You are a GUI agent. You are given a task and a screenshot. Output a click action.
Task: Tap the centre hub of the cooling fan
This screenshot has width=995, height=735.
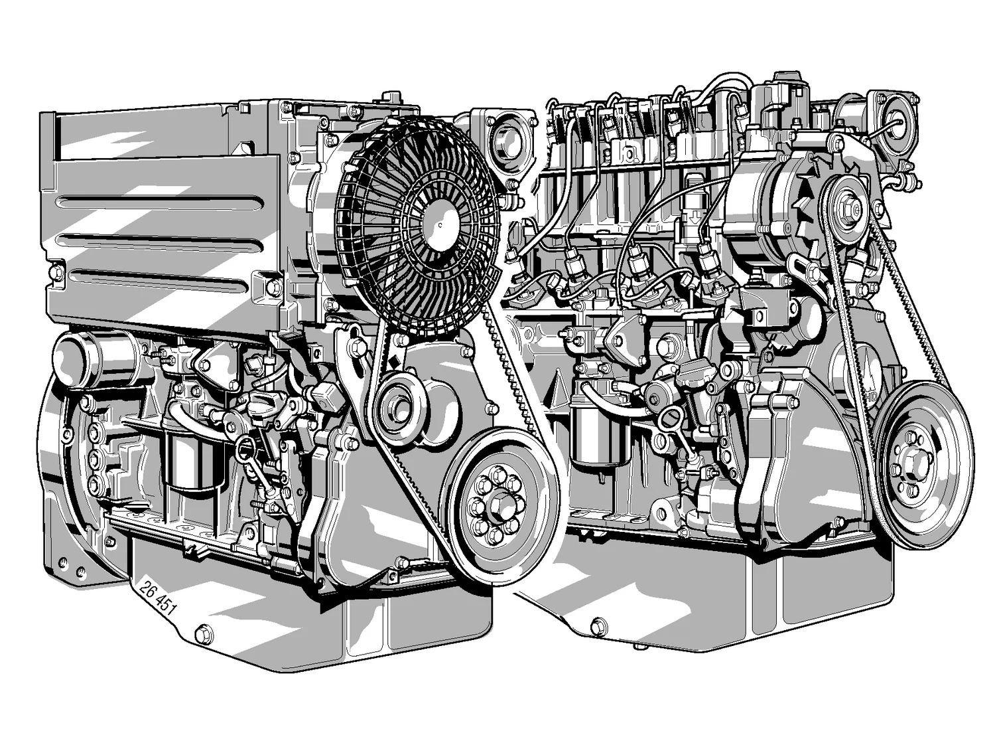439,224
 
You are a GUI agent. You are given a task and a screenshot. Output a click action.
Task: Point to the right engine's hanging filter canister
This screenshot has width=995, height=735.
599,433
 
